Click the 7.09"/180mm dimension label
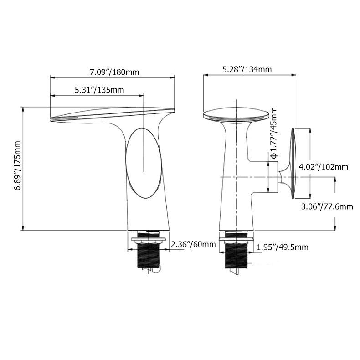(x=114, y=72)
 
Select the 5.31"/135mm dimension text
(x=99, y=90)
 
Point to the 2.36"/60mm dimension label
(x=193, y=245)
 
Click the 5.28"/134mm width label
(x=247, y=69)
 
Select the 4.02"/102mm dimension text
(x=324, y=167)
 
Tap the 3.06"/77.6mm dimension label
(x=327, y=206)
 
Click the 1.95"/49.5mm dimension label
(x=283, y=247)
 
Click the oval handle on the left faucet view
(x=144, y=164)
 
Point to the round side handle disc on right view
(x=293, y=163)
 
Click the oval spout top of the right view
(x=234, y=113)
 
